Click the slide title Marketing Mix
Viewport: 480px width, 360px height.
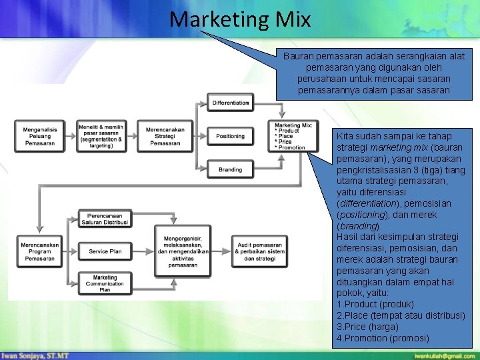click(x=240, y=19)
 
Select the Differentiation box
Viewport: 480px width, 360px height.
click(x=231, y=103)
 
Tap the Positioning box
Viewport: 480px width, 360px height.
click(x=231, y=136)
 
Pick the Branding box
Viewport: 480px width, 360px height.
click(x=231, y=169)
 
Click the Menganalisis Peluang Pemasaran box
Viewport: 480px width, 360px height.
click(x=39, y=135)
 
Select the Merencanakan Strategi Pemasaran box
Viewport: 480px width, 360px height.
click(x=165, y=135)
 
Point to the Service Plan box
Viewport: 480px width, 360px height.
click(x=105, y=251)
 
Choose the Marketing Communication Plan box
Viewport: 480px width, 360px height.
click(x=105, y=283)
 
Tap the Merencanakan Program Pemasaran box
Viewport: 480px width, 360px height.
click(x=39, y=251)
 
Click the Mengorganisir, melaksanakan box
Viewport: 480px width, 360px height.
click(x=183, y=251)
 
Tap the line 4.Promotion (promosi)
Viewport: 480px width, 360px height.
click(x=383, y=338)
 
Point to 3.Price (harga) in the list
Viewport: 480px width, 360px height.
click(x=368, y=327)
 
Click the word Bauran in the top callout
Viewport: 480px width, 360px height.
click(x=297, y=57)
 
